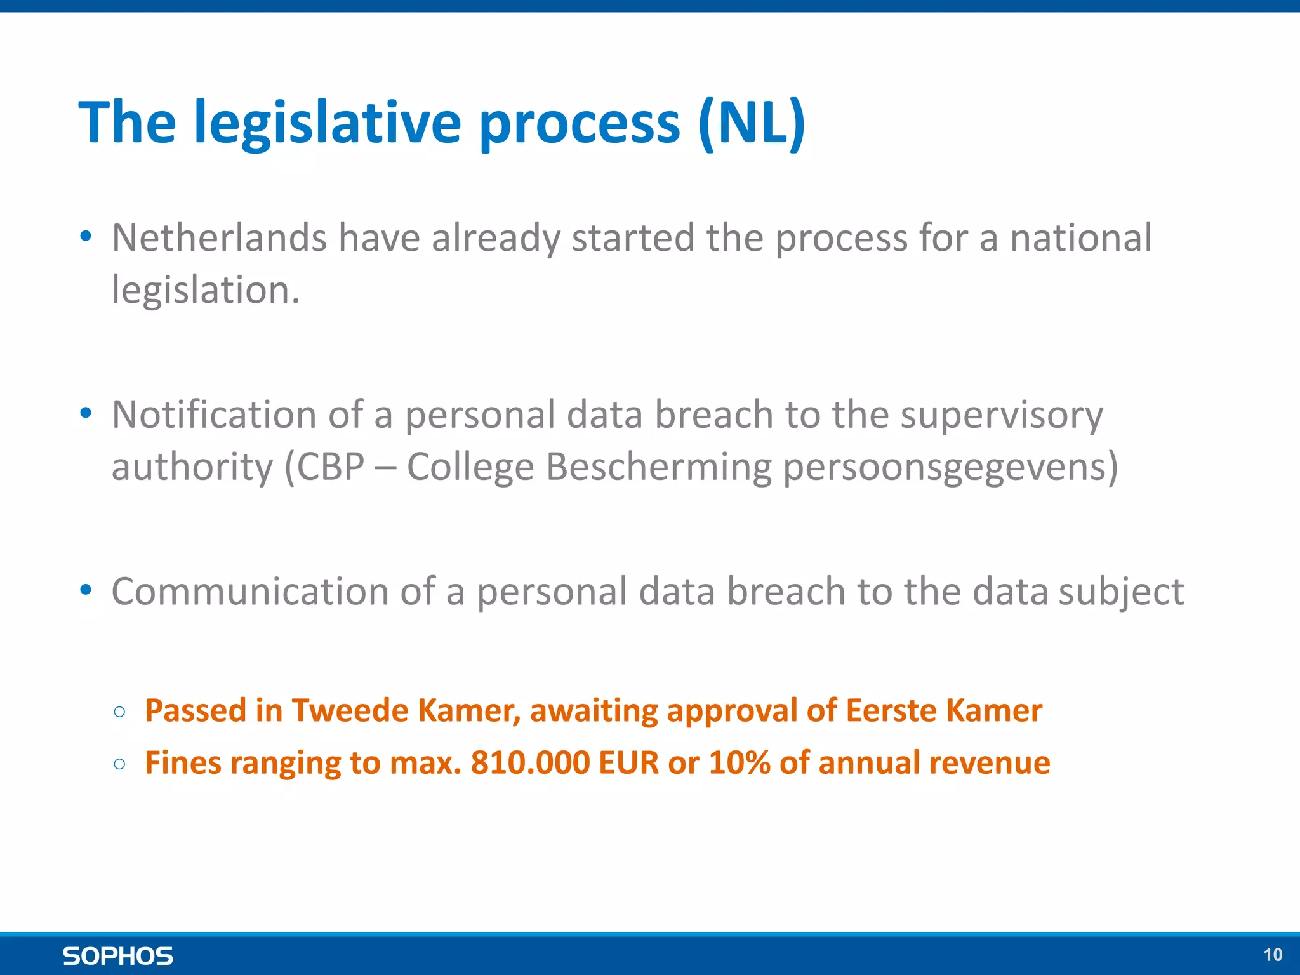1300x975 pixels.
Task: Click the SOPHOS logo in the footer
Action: [117, 956]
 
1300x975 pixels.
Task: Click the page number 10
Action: [1272, 955]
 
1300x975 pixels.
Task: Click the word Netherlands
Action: [219, 238]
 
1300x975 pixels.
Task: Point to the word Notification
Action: [214, 415]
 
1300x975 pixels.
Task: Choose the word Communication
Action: [249, 592]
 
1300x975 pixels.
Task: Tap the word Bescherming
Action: [658, 467]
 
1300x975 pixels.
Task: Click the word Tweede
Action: [349, 710]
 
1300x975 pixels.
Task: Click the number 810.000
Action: [530, 762]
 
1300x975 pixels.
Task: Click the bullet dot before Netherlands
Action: [86, 237]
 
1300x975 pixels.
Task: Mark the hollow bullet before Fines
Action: [119, 764]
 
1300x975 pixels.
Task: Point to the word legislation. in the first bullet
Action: [205, 291]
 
